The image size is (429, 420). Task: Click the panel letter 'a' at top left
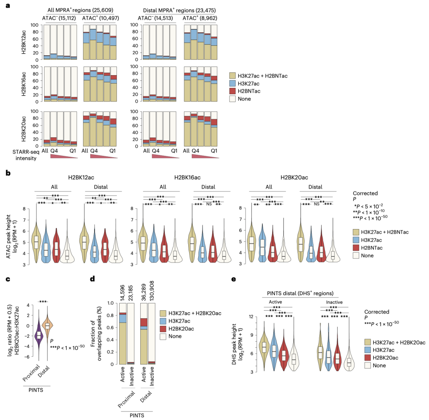coord(8,5)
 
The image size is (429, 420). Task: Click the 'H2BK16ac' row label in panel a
coord(24,84)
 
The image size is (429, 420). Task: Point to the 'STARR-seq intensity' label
coord(26,155)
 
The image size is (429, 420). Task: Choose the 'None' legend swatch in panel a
coord(232,99)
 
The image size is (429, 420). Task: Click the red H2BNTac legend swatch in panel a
coord(232,91)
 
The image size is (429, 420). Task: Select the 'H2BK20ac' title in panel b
coord(294,177)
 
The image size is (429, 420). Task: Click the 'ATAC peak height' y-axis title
coord(8,236)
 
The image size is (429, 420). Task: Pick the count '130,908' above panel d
coord(152,290)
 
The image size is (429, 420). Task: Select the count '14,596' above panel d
coord(122,293)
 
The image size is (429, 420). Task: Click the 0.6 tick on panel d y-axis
coord(110,328)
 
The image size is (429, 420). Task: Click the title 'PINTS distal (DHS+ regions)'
coord(300,293)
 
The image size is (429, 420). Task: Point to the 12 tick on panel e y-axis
coord(251,317)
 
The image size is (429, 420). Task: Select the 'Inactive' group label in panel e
coord(334,302)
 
